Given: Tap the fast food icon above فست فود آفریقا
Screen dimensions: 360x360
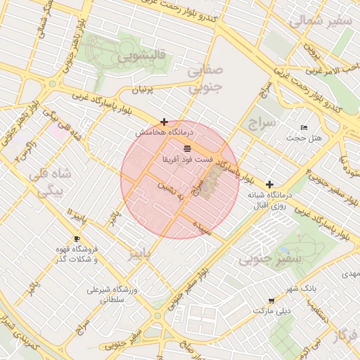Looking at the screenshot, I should coord(187,148).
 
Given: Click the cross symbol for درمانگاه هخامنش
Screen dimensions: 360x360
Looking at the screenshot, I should coord(164,122).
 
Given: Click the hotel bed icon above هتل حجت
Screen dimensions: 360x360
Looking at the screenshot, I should coord(304,127).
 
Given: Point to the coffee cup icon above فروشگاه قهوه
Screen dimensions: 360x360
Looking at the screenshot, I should coord(77,239).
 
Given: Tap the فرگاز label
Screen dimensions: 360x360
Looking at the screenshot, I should coord(345,335).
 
